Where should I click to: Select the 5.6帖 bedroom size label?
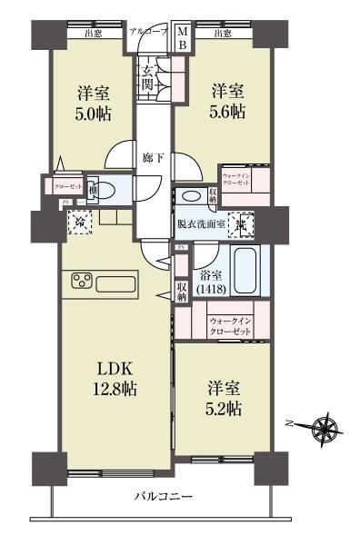[x=228, y=112]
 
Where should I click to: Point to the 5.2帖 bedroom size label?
[x=222, y=408]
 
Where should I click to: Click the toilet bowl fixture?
[x=105, y=191]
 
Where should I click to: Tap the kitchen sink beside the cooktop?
[x=115, y=282]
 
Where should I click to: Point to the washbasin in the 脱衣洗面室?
[x=191, y=196]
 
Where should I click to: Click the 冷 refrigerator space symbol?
[x=82, y=221]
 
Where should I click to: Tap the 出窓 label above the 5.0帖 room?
[x=92, y=35]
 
